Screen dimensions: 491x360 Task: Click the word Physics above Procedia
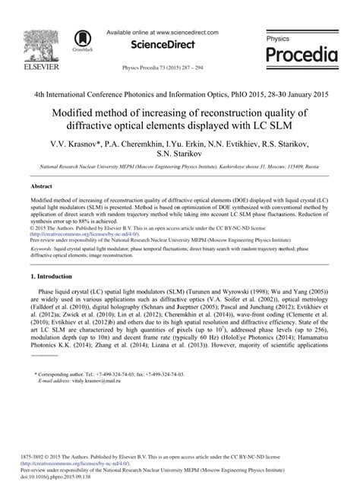(278, 38)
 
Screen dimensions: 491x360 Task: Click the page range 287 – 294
(195, 68)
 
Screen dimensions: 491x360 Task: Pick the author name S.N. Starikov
(180, 154)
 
